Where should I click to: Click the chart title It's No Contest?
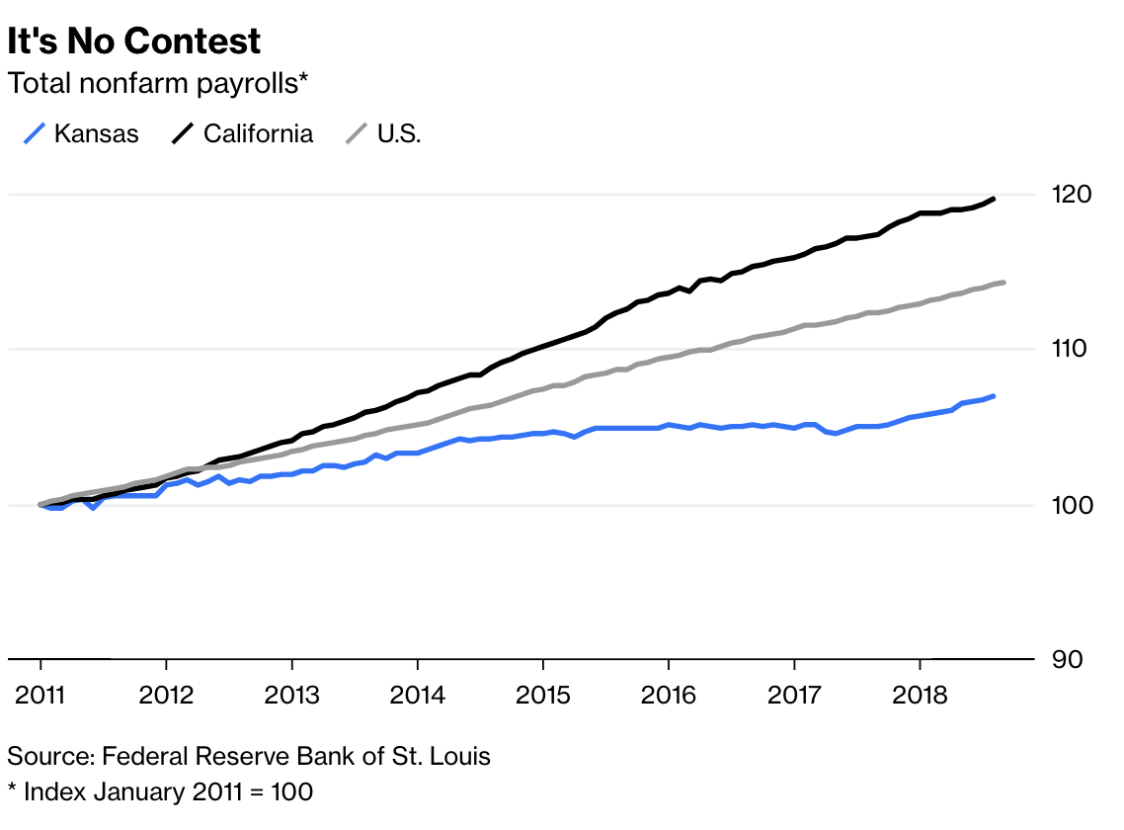pos(134,41)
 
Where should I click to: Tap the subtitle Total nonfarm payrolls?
pos(158,84)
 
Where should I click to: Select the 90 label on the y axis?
pos(1065,659)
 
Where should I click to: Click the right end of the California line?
pos(993,199)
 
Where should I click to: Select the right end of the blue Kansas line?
pos(993,396)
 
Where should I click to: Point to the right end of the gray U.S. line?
pos(1004,283)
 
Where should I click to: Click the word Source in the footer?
pos(47,757)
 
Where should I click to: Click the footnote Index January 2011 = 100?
pos(167,791)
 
